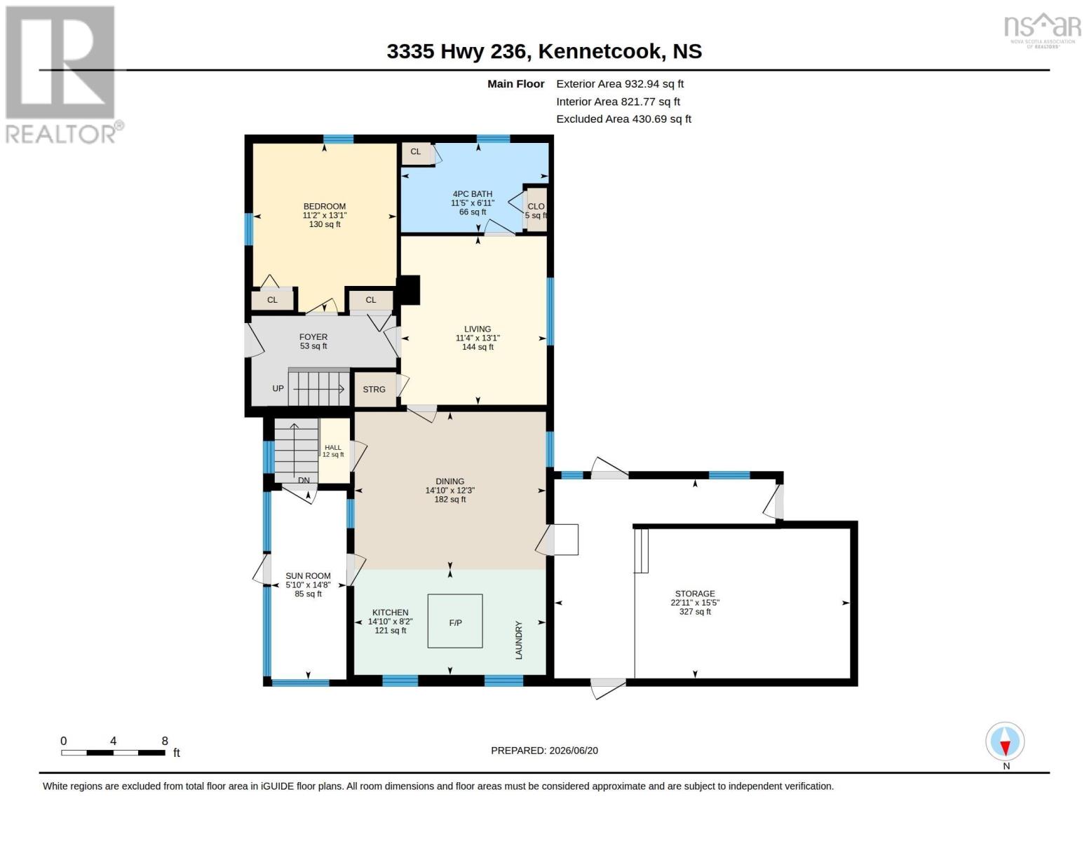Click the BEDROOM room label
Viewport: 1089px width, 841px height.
click(x=324, y=206)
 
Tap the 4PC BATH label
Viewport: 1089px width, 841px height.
click(x=473, y=194)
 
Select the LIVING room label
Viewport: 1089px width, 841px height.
click(x=477, y=329)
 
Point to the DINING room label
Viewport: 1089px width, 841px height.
click(x=449, y=481)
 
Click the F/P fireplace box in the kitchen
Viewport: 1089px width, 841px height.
click(x=455, y=621)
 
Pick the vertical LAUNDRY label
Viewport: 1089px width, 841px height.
click(x=519, y=640)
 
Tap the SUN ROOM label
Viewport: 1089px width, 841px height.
click(x=308, y=576)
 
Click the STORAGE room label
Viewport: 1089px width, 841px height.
click(x=695, y=594)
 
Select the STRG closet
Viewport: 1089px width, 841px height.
click(x=375, y=389)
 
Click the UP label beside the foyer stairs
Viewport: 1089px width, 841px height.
click(x=278, y=388)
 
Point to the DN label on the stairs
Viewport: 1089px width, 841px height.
click(x=304, y=480)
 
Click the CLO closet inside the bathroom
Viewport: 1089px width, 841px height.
click(x=536, y=210)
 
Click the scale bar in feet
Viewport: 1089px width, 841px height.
click(x=114, y=752)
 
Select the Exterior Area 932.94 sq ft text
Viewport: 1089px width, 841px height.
click(x=619, y=84)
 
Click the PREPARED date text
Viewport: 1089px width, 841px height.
click(x=544, y=751)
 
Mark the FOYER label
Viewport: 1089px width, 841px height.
click(x=313, y=337)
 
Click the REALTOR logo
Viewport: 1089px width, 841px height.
click(x=63, y=75)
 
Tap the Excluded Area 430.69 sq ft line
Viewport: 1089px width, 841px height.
click(x=623, y=119)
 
